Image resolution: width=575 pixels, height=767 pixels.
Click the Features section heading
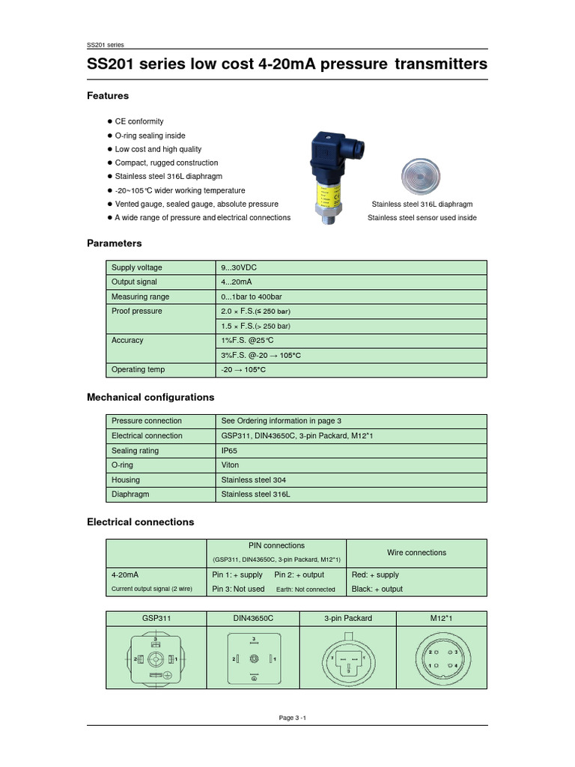coord(108,96)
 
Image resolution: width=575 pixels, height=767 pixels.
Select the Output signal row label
coord(134,282)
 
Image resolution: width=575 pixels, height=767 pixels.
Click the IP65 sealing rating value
coord(229,450)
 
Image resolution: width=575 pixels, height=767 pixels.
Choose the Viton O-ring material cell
coord(231,465)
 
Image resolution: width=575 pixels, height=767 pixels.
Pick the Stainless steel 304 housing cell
coord(254,479)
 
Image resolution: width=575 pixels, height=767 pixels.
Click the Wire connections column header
coord(416,553)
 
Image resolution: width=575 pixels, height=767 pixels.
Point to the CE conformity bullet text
coord(139,121)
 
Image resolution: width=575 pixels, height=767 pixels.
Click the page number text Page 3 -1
coord(293,718)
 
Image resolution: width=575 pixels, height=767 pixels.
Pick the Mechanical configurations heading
coord(150,397)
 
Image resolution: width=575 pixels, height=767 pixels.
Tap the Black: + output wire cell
coord(377,589)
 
